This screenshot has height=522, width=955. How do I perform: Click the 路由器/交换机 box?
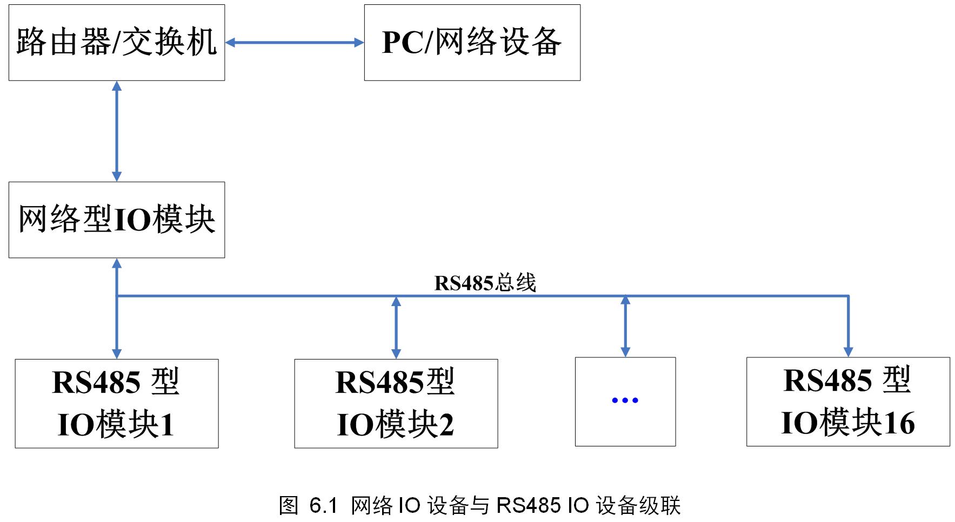pos(117,43)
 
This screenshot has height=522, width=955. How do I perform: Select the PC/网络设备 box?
pos(472,43)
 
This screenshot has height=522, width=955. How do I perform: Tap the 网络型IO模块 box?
pos(117,220)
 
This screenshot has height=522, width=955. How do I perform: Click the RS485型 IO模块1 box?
pos(117,403)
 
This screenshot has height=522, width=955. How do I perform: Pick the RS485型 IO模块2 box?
pos(396,403)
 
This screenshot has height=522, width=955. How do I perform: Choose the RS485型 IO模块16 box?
pos(847,402)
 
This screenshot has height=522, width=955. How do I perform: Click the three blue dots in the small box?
pos(625,400)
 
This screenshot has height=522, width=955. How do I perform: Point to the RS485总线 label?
pos(485,283)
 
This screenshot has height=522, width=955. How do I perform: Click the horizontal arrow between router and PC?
pos(295,43)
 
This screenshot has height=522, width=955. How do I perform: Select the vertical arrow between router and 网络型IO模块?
pos(117,131)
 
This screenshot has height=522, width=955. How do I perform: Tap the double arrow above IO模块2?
pos(396,327)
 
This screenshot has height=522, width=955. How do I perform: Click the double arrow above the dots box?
pos(625,326)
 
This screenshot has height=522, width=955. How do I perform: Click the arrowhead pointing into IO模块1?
pos(117,354)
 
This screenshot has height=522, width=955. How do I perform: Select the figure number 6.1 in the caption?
pos(323,506)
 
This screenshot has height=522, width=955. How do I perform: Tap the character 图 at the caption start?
pos(289,506)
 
